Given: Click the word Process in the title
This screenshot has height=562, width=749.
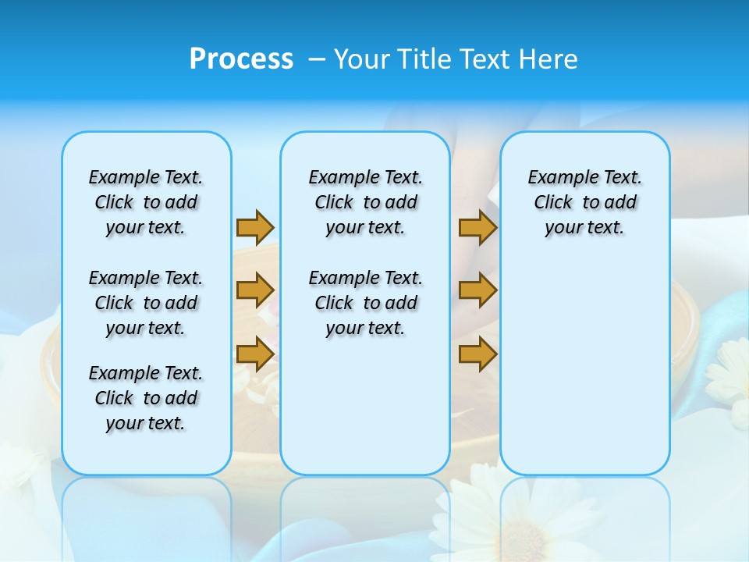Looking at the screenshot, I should tap(241, 59).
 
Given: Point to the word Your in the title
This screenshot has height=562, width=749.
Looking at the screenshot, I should tap(363, 59).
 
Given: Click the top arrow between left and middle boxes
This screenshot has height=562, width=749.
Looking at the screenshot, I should tap(255, 227).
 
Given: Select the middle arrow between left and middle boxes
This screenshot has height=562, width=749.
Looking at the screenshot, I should tap(255, 290).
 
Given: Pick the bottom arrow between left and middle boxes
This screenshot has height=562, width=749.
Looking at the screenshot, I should tap(255, 354).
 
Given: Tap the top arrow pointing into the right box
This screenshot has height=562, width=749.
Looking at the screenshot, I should tap(477, 227).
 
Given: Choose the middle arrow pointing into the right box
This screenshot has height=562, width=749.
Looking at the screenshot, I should tap(477, 290).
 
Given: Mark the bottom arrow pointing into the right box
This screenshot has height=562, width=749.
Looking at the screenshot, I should tap(477, 354).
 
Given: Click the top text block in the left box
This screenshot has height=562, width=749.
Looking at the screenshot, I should tap(146, 202).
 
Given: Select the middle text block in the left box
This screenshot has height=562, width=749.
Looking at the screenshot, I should tap(146, 303).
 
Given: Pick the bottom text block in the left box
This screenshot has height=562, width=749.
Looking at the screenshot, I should tap(146, 398).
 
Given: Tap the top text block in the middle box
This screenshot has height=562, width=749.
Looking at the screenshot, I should tap(365, 202).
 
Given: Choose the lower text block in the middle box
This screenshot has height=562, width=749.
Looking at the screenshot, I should tap(365, 303).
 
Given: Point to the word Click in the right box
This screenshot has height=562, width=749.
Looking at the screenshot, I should tap(553, 203).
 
